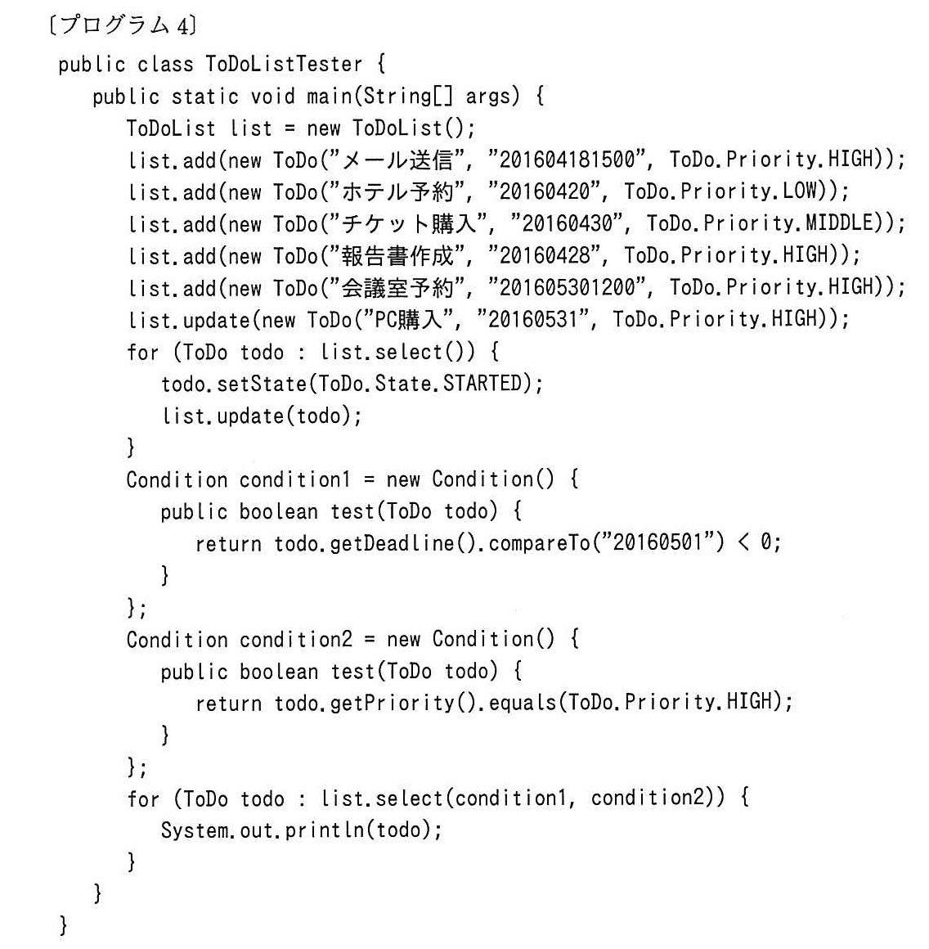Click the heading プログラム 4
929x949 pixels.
click(x=123, y=25)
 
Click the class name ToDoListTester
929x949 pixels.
click(x=284, y=64)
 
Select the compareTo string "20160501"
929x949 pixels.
click(x=658, y=542)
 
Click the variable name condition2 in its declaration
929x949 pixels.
click(x=296, y=639)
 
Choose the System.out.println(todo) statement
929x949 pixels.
click(x=301, y=830)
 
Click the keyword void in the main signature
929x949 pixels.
click(x=273, y=96)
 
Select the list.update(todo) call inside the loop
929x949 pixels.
click(x=262, y=416)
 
